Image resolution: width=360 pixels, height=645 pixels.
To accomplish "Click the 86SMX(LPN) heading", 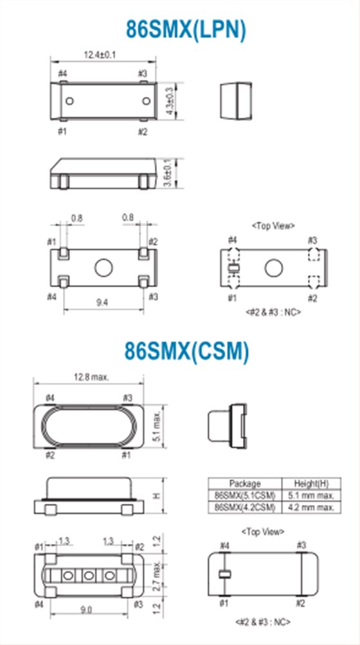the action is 186,30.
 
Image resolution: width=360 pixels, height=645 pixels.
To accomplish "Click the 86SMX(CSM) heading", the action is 187,351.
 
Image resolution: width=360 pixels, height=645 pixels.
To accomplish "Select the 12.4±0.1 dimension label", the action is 100,55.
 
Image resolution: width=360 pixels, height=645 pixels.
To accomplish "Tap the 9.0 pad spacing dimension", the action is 86,610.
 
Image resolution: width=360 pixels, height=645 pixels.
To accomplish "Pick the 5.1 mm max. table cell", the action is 312,495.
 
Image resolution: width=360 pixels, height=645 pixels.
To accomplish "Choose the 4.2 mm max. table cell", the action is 312,507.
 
